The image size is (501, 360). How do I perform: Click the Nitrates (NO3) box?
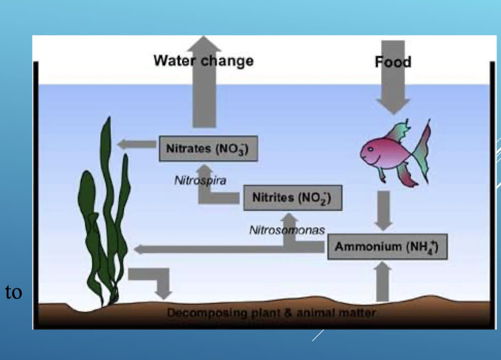pos(208,149)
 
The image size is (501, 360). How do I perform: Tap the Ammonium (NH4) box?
pos(387,246)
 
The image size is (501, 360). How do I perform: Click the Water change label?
pos(203,61)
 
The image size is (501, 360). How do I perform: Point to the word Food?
pos(393,62)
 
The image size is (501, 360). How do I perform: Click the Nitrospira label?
pos(200,180)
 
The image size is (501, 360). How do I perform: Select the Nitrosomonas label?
pos(287,230)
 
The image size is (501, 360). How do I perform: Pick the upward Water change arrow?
pos(204,98)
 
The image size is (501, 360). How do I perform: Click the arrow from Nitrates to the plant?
pos(137,144)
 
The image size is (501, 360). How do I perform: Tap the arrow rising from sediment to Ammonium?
pos(382,282)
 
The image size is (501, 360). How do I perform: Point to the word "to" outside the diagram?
pos(14,292)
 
